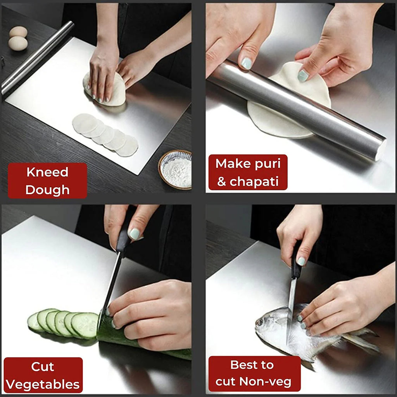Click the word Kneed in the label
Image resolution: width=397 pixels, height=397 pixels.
(47, 172)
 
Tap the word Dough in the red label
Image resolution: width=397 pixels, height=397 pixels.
(47, 190)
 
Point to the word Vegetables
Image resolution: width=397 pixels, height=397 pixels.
(43, 385)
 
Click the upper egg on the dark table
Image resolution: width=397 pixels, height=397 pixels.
(18, 31)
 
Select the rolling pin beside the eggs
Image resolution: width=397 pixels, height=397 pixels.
(37, 58)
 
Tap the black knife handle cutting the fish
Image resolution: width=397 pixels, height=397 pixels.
(296, 264)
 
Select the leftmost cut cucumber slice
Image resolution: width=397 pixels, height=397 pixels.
(35, 322)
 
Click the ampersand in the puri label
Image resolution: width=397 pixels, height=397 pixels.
(222, 182)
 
